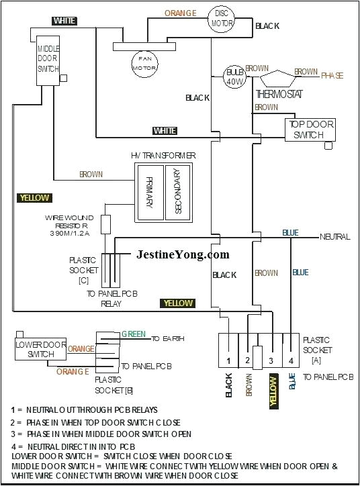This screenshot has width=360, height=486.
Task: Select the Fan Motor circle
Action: point(142,61)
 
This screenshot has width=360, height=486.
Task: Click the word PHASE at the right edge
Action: point(332,76)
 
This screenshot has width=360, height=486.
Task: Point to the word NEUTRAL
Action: point(334,237)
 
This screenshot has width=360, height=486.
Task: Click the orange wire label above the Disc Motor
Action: point(180,13)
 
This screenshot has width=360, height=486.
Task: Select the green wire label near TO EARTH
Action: point(133,334)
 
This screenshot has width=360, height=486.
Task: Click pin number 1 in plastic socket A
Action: point(228,361)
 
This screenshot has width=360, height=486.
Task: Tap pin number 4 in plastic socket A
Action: point(291,361)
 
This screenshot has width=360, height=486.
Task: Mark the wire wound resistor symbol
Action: point(105,224)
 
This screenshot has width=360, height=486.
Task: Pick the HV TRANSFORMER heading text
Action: point(163,155)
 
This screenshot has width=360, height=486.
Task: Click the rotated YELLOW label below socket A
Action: point(273,391)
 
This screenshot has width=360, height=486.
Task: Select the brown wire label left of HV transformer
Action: point(91,175)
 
